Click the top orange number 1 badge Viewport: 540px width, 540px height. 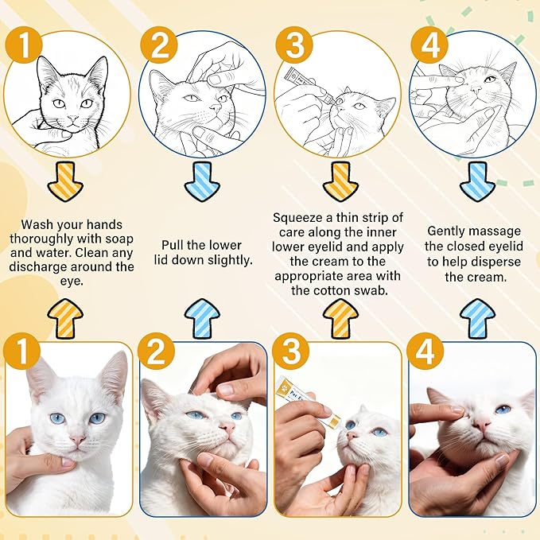pyautogui.click(x=24, y=47)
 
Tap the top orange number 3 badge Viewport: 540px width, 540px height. pyautogui.click(x=293, y=47)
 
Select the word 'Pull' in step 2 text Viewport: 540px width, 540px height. pyautogui.click(x=177, y=245)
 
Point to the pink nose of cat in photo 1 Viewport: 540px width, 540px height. pyautogui.click(x=77, y=439)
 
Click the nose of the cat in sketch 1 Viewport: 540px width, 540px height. pyautogui.click(x=70, y=118)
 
